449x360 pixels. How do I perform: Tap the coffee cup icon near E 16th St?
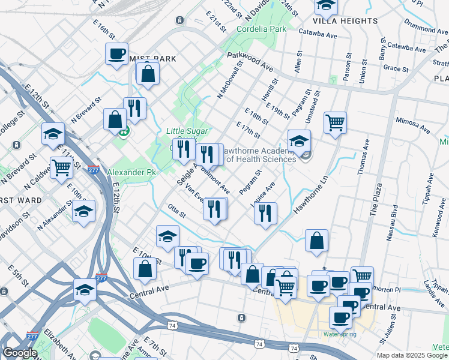[x=116, y=53]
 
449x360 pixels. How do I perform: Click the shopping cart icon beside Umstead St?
[x=335, y=122]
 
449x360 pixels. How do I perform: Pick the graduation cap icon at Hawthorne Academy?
[x=299, y=140]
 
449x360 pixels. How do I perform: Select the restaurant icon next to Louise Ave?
[x=265, y=212]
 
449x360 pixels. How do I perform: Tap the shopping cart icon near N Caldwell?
[x=61, y=167]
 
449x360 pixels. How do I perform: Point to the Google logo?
[x=20, y=353]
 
